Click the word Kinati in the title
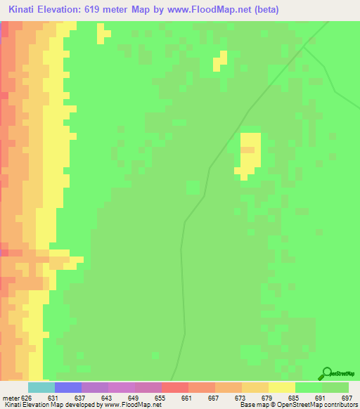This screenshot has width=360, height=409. [25, 10]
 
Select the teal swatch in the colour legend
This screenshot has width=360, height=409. [41, 387]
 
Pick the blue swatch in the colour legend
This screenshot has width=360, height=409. [68, 387]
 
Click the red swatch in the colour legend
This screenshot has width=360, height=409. [175, 387]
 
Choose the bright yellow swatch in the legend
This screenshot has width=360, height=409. [282, 387]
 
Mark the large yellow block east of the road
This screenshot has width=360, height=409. [250, 153]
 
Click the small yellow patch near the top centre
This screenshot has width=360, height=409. [221, 60]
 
